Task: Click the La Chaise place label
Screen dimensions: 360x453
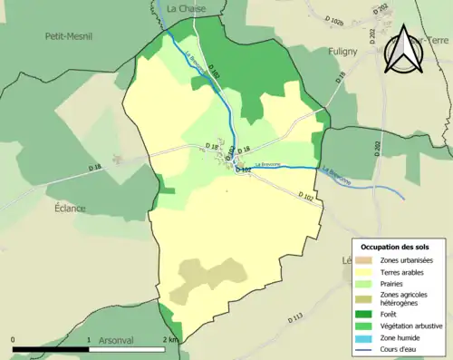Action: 187,8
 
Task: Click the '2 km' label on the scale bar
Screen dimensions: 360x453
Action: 170,339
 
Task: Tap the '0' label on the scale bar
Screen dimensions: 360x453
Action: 14,339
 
